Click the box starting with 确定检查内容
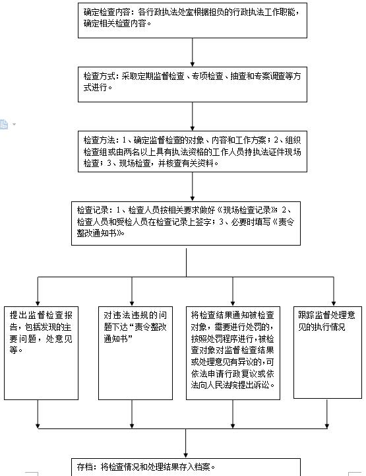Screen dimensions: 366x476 tap(193, 20)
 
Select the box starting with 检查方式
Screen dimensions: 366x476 tap(193, 85)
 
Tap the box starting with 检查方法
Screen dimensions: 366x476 tap(193, 151)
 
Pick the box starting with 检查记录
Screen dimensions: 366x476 tap(186, 223)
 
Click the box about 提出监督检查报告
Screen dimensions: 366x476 tap(42, 353)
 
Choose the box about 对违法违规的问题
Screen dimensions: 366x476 tap(136, 353)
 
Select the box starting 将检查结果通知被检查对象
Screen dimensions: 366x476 tap(233, 353)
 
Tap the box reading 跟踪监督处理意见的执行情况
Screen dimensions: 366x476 tap(328, 353)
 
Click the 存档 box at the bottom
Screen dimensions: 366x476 tap(186, 467)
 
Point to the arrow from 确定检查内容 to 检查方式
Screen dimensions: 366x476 tap(193, 52)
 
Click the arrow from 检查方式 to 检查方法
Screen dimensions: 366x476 tap(193, 116)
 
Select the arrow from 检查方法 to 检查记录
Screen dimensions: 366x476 tap(193, 187)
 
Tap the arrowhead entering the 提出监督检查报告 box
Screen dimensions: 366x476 tap(38, 304)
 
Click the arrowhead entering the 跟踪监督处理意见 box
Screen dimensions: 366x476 tap(334, 304)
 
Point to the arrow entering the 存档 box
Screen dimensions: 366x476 tap(186, 443)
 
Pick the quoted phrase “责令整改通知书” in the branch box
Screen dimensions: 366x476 tap(135, 333)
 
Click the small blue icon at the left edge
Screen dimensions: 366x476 tap(4, 124)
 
